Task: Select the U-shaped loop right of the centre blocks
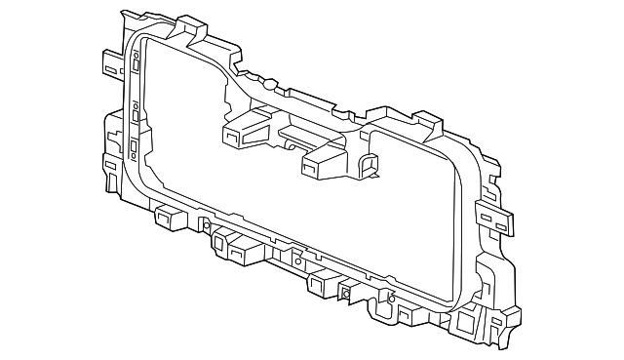click(369, 165)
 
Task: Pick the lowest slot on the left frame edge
click(132, 148)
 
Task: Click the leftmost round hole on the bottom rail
click(208, 226)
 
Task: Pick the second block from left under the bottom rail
click(235, 253)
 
